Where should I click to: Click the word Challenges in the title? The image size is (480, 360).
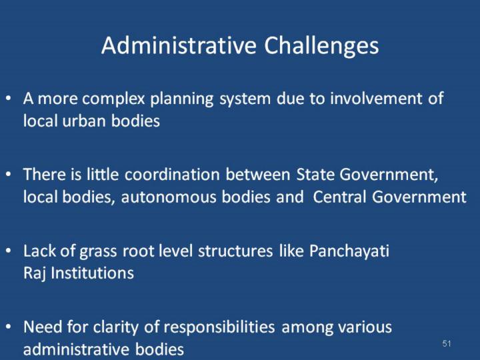[x=321, y=46]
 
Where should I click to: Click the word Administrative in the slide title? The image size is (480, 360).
[x=179, y=45]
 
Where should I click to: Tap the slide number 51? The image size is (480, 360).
[x=447, y=343]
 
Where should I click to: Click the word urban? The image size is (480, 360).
[x=83, y=121]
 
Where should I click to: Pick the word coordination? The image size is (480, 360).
[x=172, y=175]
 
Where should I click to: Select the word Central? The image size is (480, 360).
[x=339, y=197]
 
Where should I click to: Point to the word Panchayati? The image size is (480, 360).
[x=349, y=251]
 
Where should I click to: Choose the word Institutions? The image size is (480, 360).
[x=92, y=273]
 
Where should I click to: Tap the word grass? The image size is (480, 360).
[x=98, y=252]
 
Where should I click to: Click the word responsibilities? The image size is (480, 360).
[x=219, y=327]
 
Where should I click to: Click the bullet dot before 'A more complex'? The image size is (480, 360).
[x=9, y=99]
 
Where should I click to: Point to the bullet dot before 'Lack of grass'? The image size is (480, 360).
[x=9, y=251]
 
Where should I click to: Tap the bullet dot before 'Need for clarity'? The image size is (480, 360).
[x=9, y=327]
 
